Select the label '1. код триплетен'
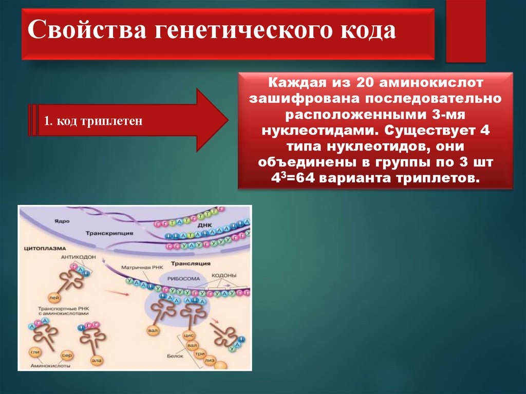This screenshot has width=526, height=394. [92, 122]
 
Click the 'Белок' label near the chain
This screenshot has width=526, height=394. [172, 355]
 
